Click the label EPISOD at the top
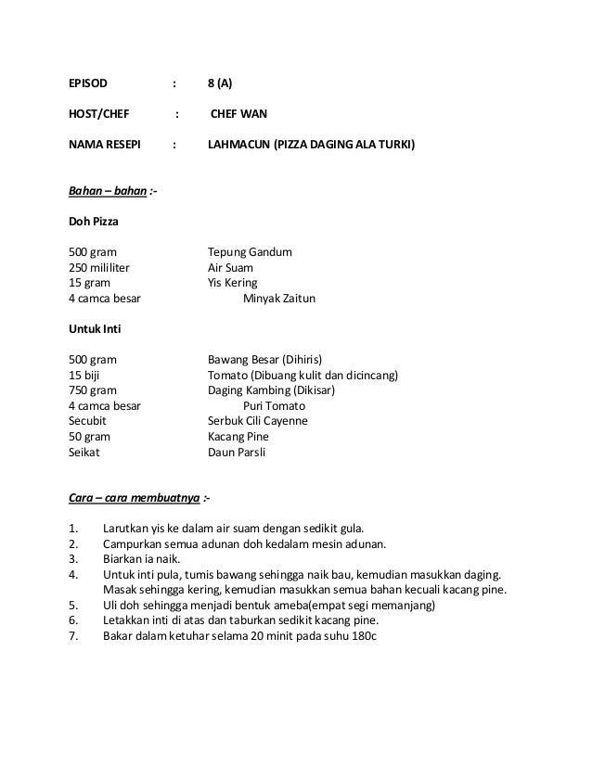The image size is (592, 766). click(88, 83)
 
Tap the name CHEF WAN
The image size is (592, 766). click(238, 115)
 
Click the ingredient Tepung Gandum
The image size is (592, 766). click(250, 252)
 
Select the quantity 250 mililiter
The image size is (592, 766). click(100, 268)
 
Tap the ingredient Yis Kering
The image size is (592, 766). click(233, 283)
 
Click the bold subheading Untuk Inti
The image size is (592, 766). click(96, 329)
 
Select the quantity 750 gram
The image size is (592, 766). click(93, 390)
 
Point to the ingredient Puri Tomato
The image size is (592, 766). click(274, 406)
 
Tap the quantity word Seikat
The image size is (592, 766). click(84, 453)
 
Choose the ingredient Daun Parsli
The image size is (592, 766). click(237, 453)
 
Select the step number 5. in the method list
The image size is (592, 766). click(74, 606)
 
